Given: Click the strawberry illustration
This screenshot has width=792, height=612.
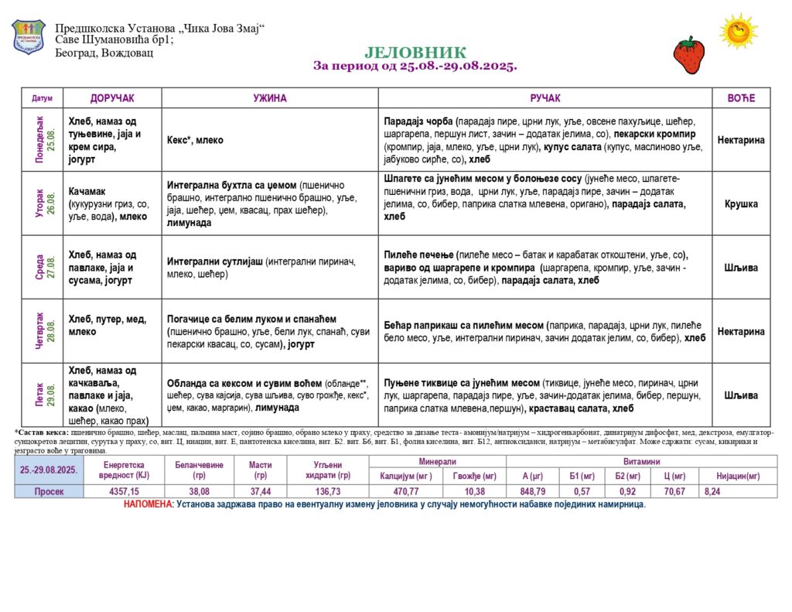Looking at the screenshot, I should pos(688,55).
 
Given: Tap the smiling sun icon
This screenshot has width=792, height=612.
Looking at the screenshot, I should pos(738,32).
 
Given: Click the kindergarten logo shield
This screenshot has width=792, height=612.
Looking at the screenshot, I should pos(29,37).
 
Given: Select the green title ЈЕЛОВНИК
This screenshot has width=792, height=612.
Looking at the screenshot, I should pos(415,53).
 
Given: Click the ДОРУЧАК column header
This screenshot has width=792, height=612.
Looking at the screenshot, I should pos(112,98).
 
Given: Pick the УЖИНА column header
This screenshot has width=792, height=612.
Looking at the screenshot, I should pos(270,98).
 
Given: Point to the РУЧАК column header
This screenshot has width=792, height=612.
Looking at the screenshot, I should pos(544,98).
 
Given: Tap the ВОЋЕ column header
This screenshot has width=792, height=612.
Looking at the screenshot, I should pos(740,98).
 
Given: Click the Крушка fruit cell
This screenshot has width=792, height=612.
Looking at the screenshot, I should pos(741,204).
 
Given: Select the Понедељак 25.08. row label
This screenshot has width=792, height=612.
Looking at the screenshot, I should pos(45,140).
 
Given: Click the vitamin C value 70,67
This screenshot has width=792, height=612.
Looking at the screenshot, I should pos(674,491).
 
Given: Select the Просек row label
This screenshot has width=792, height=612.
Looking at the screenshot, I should pos(49,491).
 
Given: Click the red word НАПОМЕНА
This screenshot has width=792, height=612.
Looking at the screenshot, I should pos(148,504).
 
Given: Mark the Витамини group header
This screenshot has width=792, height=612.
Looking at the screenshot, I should pos(641,461).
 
